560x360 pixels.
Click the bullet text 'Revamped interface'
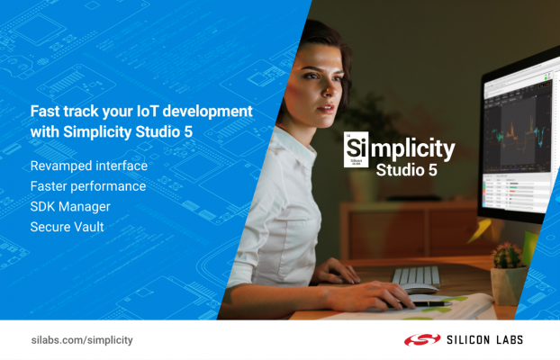tap(88, 166)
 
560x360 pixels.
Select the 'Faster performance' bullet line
tap(87, 186)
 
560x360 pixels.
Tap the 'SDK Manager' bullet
tap(69, 207)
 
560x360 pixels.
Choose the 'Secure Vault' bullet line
tap(67, 228)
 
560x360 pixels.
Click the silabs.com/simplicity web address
tap(81, 340)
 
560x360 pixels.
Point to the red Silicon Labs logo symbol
tap(419, 340)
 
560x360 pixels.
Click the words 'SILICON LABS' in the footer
tap(484, 340)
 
